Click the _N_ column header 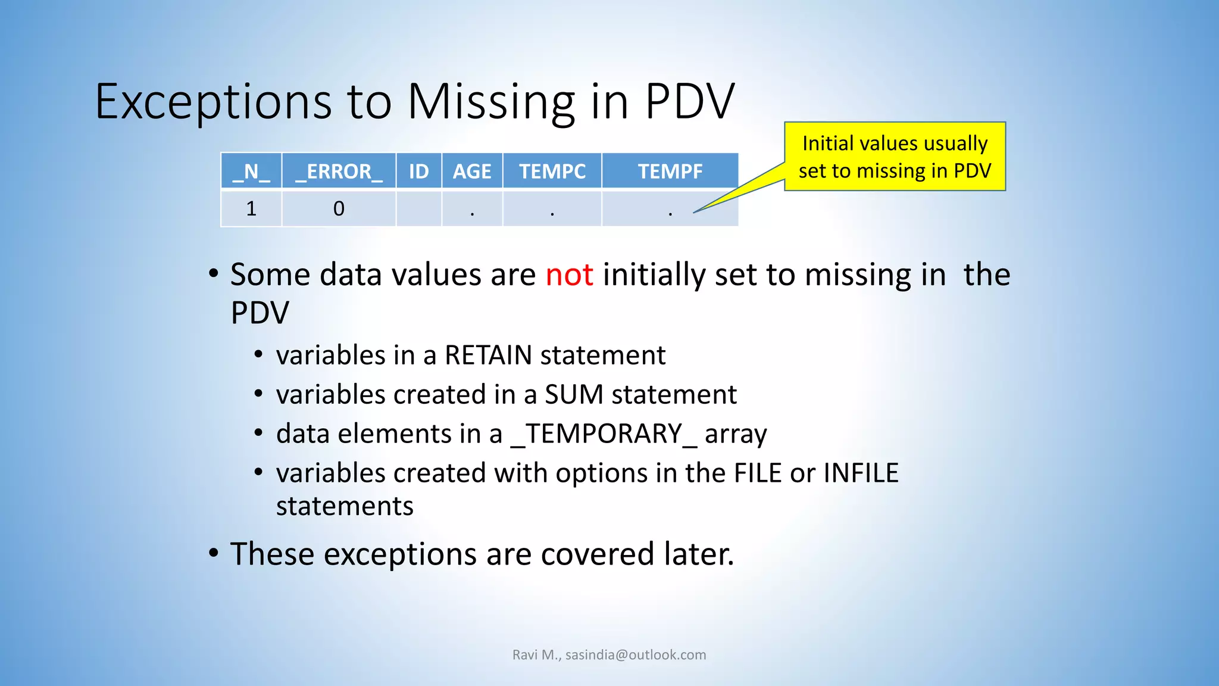[251, 171]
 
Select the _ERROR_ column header [339, 171]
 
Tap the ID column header [418, 171]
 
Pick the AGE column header [472, 171]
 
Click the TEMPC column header [552, 171]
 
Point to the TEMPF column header [670, 171]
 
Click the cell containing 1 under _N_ [251, 208]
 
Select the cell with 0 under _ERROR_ [339, 208]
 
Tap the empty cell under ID [418, 208]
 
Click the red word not [569, 275]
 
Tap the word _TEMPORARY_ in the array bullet [604, 434]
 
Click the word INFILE [861, 473]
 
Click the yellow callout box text [895, 157]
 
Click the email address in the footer [636, 655]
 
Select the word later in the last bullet [698, 554]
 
